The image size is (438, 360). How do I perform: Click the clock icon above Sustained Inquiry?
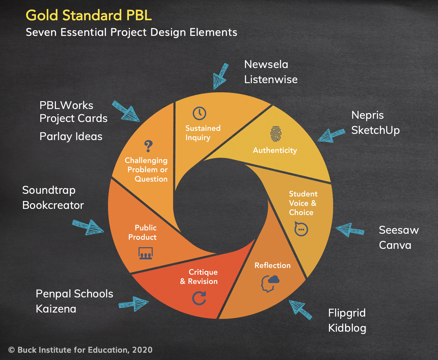[199, 113]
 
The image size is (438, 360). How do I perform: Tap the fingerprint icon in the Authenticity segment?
[276, 134]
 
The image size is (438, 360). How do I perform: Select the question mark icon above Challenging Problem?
[148, 146]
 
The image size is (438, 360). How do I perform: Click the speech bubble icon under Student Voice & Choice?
[301, 229]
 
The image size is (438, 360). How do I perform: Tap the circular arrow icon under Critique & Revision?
[199, 298]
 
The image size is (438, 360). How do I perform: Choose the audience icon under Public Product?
[146, 253]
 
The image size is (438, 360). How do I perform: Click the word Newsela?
[266, 64]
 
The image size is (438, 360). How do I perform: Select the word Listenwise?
[271, 79]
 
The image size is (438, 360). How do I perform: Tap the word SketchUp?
[375, 130]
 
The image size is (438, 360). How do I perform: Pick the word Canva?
[395, 245]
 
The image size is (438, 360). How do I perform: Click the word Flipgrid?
[347, 313]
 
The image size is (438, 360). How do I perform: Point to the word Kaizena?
[56, 309]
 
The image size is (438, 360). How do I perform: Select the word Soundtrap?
[49, 190]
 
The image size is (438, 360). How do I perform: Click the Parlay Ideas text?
[71, 136]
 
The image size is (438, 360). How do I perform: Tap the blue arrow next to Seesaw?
[349, 230]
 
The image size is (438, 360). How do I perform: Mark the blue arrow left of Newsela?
[220, 76]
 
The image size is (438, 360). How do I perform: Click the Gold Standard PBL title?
[89, 15]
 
